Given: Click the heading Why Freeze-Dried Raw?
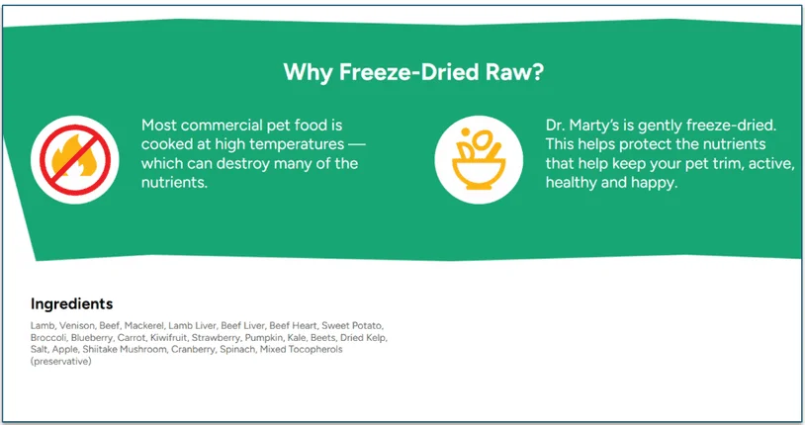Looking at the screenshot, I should [x=413, y=72].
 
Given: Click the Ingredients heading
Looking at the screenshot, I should [x=71, y=303].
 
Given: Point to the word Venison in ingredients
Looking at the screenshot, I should [x=76, y=326].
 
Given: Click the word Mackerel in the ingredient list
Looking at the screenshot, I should [x=143, y=326].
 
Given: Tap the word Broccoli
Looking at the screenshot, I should [x=48, y=338].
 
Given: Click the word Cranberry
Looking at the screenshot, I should [x=194, y=350].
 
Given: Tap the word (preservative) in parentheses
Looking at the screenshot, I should [x=60, y=362].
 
